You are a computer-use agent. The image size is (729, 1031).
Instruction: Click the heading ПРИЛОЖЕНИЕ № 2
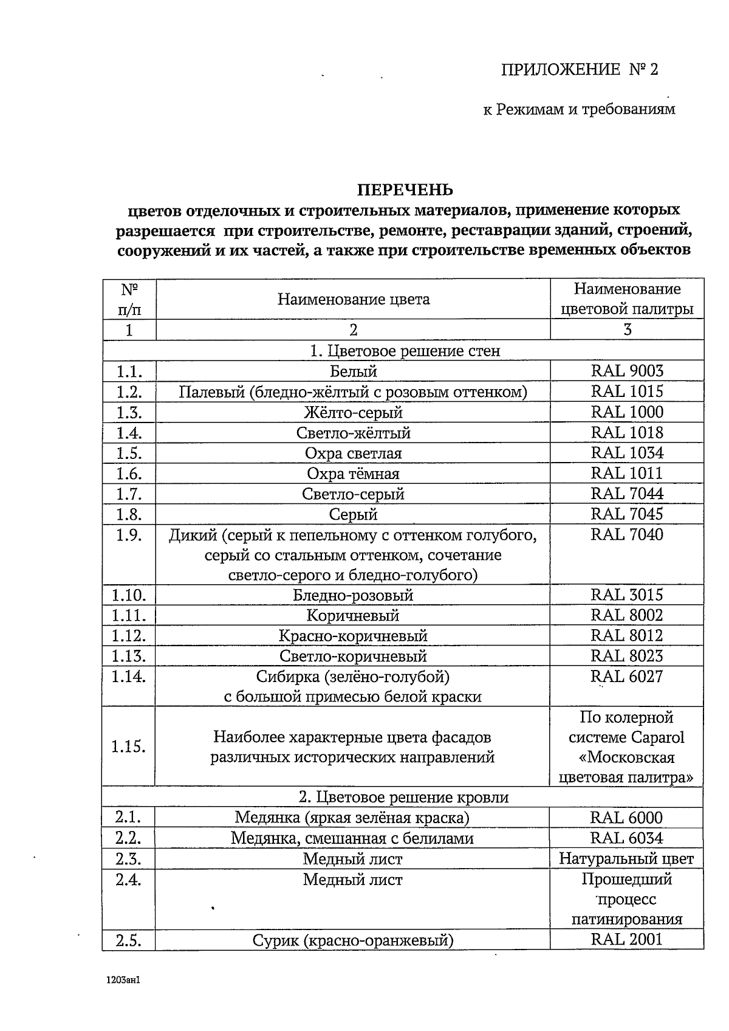[579, 69]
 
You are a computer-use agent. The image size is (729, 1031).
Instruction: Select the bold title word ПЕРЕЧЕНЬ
[405, 190]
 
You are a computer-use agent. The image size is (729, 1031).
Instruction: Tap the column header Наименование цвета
[353, 299]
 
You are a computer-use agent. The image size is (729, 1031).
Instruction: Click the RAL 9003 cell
[627, 371]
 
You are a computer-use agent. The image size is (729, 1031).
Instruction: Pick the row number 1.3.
[129, 413]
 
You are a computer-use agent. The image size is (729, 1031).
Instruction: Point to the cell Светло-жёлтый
[353, 433]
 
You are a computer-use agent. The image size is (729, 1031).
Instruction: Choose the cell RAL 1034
[627, 453]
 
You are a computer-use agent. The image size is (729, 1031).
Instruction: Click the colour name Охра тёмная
[353, 474]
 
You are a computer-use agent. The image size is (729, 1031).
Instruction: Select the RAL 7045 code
[627, 514]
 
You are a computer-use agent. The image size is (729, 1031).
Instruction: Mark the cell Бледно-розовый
[353, 595]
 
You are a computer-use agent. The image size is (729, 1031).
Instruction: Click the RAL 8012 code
[627, 636]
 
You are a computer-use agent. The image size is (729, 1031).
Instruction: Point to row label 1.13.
[129, 657]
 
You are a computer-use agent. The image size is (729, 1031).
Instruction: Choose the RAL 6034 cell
[627, 838]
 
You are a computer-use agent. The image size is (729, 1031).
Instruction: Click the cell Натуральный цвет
[626, 859]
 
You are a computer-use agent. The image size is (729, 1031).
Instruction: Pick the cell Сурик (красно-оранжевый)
[353, 941]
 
